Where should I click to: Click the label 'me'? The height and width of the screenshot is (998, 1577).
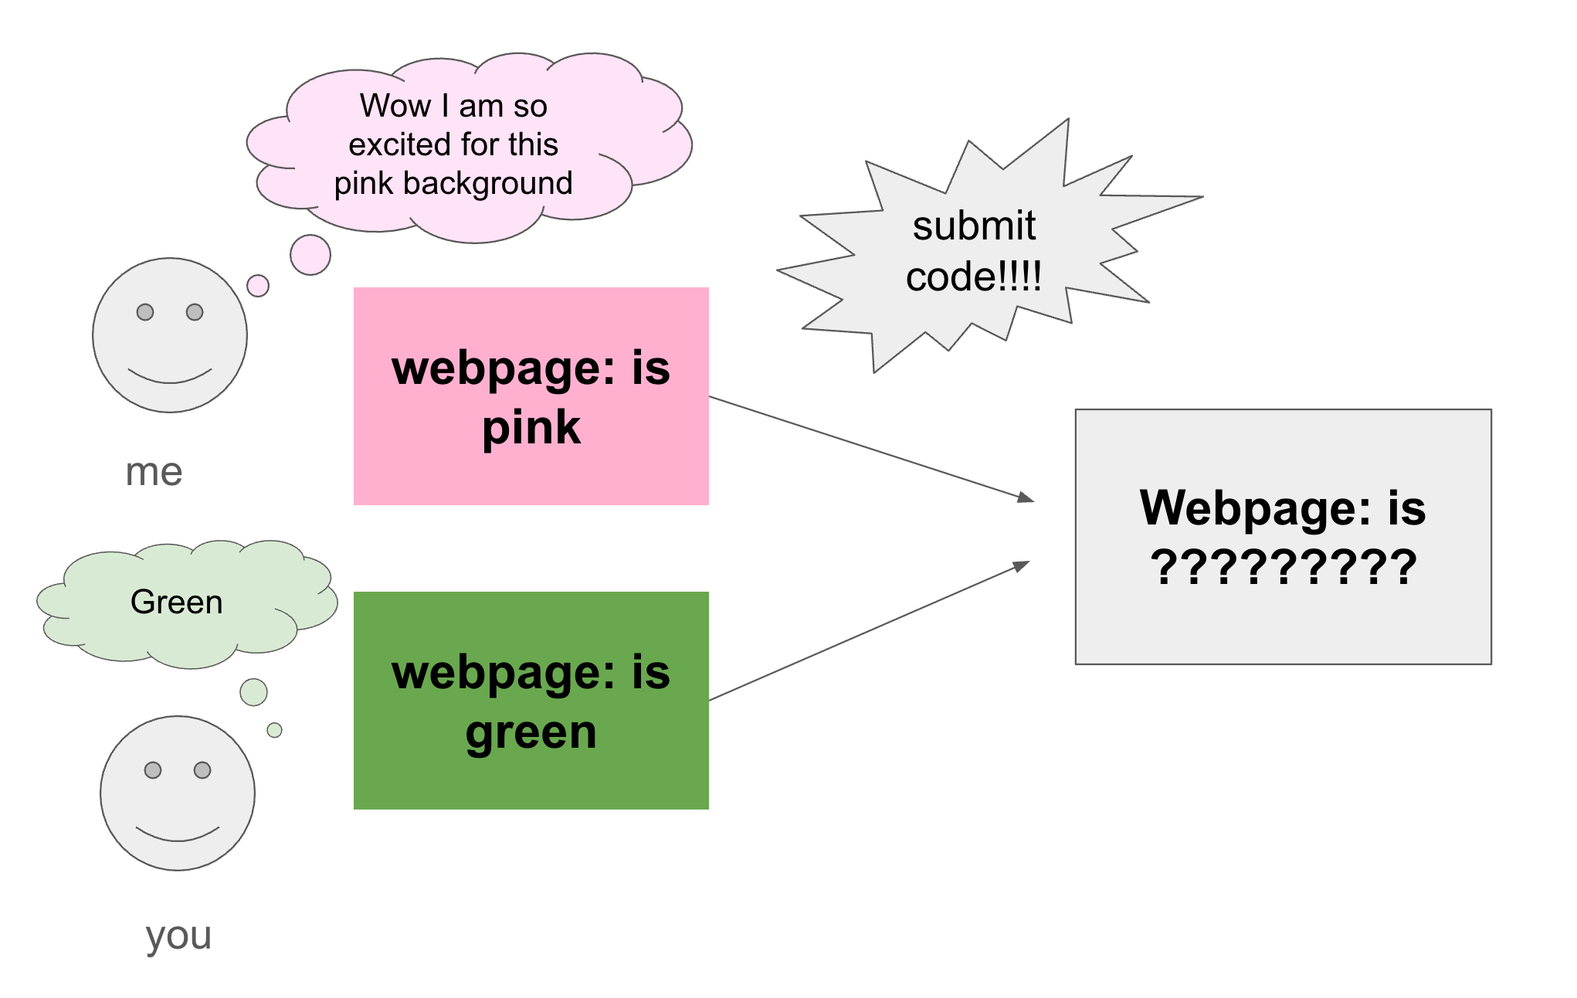coord(154,471)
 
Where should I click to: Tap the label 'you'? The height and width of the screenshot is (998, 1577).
coord(178,936)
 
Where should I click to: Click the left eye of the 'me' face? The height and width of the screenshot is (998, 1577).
coord(145,312)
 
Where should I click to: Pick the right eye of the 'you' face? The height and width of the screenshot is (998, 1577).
coord(202,770)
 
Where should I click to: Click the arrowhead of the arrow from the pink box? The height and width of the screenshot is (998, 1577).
coord(1026,497)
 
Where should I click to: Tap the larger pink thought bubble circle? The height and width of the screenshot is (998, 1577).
coord(310,255)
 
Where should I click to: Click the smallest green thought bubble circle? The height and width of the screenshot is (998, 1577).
coord(274,730)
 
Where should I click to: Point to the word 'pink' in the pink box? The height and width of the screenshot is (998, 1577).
coord(531,427)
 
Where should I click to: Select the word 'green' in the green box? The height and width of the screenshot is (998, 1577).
coord(531,732)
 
